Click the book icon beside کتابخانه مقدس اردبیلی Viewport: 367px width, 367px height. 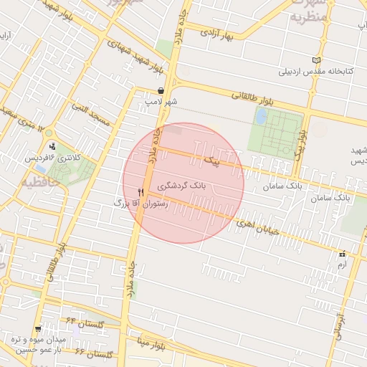(x=318, y=60)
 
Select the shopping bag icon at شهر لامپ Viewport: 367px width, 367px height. (x=161, y=91)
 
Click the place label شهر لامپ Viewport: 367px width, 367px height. (x=161, y=103)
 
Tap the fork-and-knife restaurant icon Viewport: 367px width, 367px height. (x=141, y=192)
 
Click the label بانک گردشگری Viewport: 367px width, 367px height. (x=183, y=185)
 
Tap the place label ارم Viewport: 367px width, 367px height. (x=341, y=265)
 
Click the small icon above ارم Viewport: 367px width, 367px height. (x=342, y=254)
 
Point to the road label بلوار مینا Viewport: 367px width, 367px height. (x=153, y=345)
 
